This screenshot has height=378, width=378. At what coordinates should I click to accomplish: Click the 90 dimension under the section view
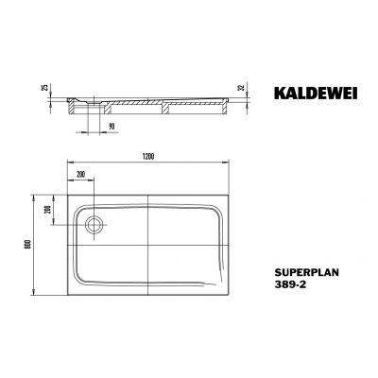click(111, 125)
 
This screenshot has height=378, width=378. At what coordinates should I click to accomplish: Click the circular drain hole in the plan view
click(94, 226)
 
